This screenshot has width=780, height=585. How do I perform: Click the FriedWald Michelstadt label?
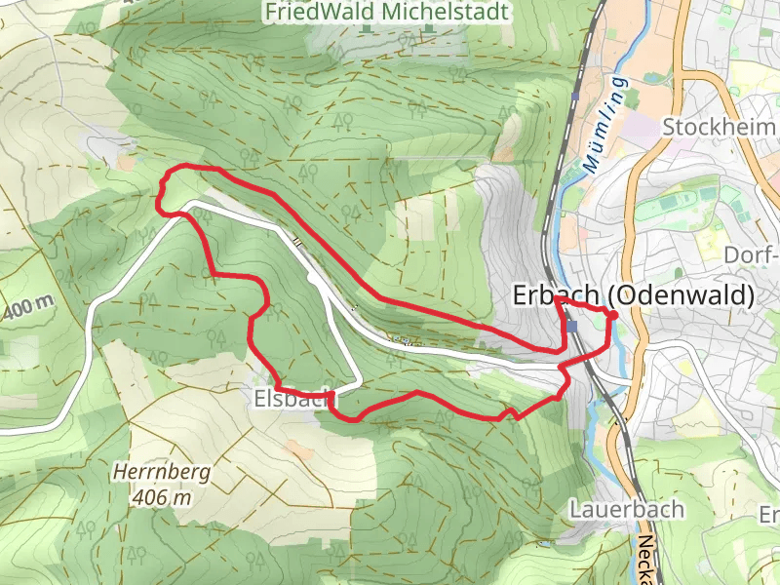pos(387,12)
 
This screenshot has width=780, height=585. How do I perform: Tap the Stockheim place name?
pos(720,127)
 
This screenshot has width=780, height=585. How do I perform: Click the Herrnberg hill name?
pos(161,473)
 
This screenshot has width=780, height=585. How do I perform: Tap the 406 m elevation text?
pos(161,497)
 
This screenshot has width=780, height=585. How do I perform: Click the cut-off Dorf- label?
pos(754,255)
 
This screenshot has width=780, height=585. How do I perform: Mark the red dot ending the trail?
pos(611,314)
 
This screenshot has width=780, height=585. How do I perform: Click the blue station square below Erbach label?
pos(573,326)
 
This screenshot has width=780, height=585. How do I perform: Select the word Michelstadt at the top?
pos(447,12)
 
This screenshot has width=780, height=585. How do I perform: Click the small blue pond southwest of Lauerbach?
pos(544,542)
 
